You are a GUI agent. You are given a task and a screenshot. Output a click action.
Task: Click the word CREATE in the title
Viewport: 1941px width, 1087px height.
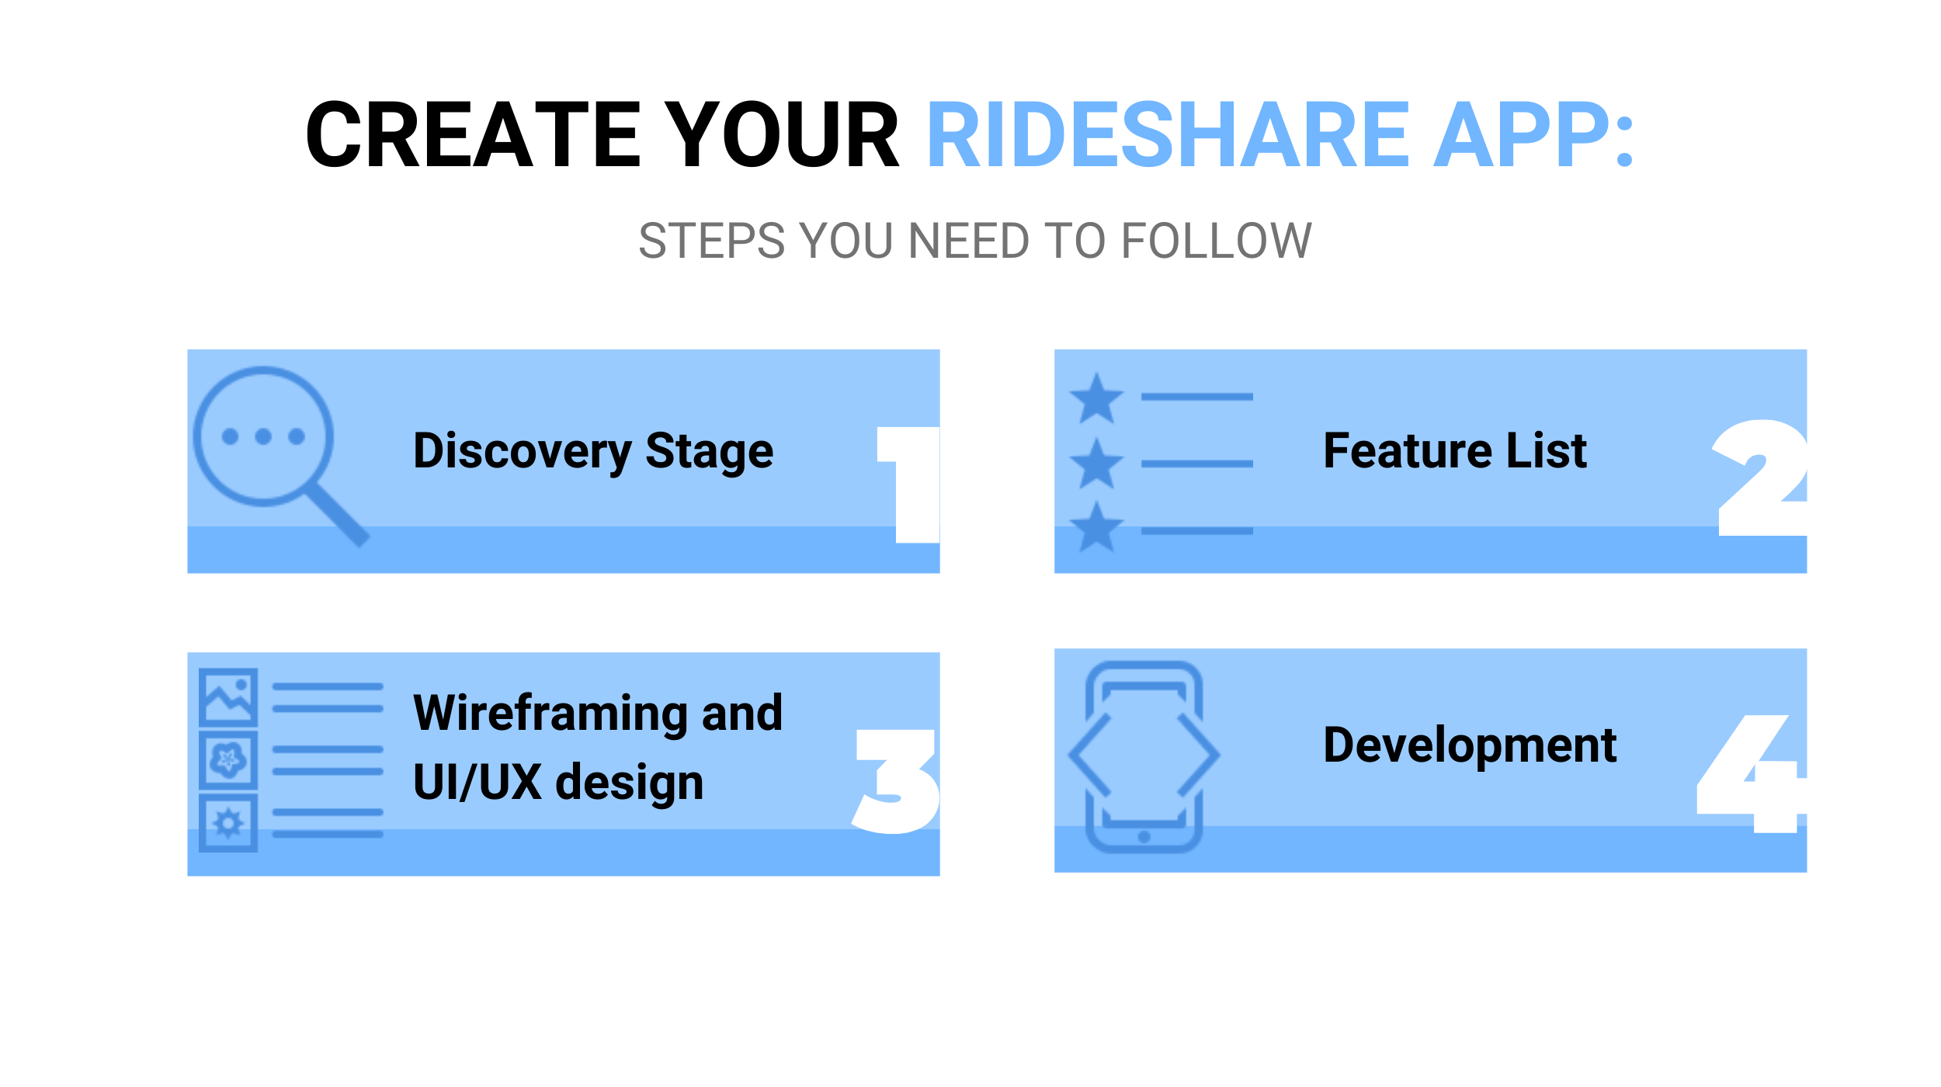click(x=473, y=134)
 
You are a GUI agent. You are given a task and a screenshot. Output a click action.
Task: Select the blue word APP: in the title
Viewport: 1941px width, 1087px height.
click(x=1533, y=134)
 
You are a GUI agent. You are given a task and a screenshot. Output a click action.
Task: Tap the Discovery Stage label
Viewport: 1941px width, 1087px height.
click(x=593, y=452)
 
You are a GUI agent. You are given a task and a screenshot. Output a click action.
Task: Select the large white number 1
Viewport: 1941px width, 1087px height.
click(x=908, y=484)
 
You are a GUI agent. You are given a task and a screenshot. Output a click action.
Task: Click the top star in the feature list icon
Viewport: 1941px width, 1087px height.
click(x=1096, y=398)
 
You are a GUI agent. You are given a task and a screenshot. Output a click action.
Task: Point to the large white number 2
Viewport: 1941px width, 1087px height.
click(x=1759, y=478)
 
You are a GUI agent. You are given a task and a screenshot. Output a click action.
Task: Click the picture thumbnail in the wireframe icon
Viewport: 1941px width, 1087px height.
click(x=228, y=697)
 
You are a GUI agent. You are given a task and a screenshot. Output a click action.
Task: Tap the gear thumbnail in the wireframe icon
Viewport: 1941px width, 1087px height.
click(x=228, y=823)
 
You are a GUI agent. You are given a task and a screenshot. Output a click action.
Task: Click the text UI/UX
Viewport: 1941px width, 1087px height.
click(x=477, y=782)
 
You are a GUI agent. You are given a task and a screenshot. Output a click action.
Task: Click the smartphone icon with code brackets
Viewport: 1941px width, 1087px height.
click(x=1144, y=757)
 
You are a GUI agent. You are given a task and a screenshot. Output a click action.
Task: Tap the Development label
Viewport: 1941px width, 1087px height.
click(x=1470, y=745)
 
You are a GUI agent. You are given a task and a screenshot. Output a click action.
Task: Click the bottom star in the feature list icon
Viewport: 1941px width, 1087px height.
click(x=1096, y=527)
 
